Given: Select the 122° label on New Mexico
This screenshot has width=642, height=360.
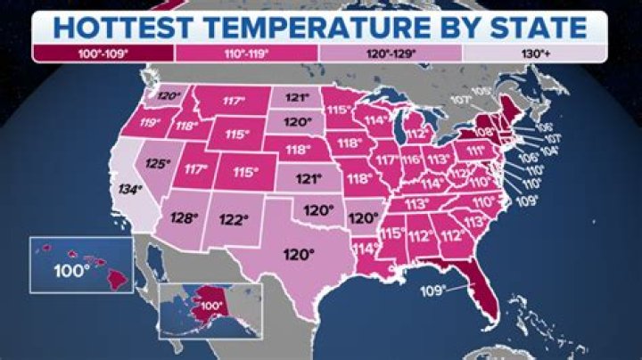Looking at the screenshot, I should tap(233, 219).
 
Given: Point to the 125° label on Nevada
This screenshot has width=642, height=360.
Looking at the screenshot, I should tap(157, 164).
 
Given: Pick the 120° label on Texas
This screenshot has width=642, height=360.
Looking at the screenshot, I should tap(299, 254).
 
